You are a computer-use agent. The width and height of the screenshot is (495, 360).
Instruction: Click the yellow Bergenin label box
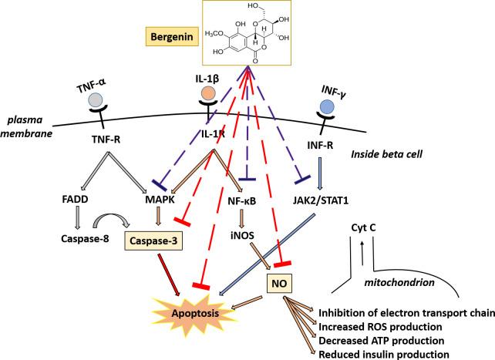172,36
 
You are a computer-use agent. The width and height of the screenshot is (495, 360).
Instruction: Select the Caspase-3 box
153,241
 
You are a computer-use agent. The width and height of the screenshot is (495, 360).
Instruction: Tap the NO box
279,284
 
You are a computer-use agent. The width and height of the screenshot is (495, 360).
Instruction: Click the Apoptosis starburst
195,313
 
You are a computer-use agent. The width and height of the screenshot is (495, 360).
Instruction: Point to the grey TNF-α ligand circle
96,101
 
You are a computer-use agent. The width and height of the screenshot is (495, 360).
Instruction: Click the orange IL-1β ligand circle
208,93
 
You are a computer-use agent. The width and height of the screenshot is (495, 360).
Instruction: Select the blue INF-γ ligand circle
327,106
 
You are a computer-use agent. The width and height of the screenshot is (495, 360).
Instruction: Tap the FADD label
75,200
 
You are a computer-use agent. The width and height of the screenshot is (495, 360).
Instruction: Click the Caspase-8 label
85,239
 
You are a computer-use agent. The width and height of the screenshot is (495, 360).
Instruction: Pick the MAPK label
160,200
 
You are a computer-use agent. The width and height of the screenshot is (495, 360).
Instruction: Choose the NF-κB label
242,200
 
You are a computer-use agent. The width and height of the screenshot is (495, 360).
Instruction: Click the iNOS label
243,235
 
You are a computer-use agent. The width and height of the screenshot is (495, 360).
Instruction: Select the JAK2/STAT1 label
321,200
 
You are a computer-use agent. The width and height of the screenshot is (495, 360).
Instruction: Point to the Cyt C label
364,228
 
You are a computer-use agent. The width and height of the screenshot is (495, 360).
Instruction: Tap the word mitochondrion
399,282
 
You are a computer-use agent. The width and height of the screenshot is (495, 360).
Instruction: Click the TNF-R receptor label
106,139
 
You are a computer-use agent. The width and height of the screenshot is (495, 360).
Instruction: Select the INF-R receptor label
320,145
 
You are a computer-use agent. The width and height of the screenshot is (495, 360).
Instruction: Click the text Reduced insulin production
383,354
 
